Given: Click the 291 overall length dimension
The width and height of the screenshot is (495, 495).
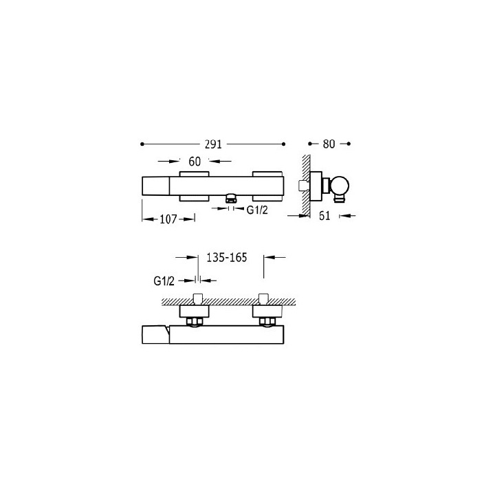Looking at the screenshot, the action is [x=213, y=144].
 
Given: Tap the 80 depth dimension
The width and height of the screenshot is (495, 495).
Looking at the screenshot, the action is [x=329, y=144].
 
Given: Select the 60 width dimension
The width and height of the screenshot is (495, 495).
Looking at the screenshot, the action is [x=195, y=162].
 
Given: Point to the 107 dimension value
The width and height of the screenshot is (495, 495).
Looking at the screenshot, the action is [x=168, y=219].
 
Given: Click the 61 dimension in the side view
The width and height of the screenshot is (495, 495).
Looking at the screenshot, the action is [x=324, y=216].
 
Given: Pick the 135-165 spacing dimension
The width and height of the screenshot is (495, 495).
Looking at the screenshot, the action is [x=226, y=258].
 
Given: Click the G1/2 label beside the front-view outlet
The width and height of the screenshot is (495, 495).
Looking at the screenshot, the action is [x=257, y=210].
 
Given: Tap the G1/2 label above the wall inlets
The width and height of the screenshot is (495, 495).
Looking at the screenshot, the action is [x=164, y=281].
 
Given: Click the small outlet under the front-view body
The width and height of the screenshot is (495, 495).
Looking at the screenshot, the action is [x=231, y=199].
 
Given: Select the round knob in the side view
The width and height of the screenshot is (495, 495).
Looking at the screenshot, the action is [x=340, y=186].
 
